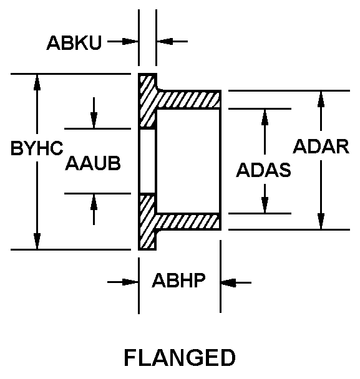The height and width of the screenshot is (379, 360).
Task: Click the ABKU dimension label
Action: click(74, 43)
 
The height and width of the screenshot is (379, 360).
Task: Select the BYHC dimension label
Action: click(37, 148)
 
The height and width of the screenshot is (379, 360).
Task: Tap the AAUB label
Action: click(93, 163)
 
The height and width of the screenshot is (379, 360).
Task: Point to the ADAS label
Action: click(263, 170)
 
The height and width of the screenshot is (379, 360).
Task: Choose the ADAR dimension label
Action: click(321, 146)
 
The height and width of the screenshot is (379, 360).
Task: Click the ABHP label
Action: click(179, 281)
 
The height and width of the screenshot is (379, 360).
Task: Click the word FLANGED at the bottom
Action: click(180, 357)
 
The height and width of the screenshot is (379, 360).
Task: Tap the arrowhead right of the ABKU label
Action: click(130, 42)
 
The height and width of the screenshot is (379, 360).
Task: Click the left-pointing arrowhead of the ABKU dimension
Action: click(165, 42)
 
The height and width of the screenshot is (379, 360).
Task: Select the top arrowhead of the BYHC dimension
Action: click(37, 82)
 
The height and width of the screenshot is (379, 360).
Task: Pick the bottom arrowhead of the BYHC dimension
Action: click(37, 241)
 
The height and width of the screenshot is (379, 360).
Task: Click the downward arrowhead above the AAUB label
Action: click(94, 120)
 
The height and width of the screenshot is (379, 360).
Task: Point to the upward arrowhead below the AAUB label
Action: click(94, 202)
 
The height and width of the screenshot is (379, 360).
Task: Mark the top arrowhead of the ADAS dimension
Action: click(265, 117)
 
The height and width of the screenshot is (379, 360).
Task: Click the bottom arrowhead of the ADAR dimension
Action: click(321, 221)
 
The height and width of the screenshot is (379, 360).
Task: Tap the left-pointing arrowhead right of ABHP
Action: click(229, 282)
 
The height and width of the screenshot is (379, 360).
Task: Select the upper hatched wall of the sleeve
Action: click(188, 100)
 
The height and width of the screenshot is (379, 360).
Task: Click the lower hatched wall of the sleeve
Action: click(188, 222)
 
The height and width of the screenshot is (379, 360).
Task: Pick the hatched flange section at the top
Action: click(147, 102)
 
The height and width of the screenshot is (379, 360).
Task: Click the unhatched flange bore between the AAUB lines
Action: click(147, 161)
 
